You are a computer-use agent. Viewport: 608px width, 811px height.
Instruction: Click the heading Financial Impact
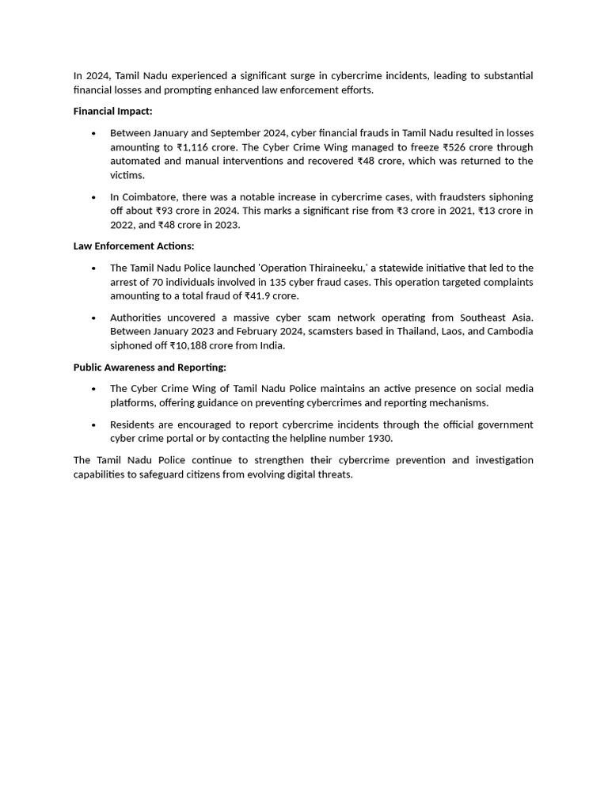point(112,112)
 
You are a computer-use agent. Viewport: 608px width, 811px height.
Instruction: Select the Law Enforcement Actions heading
point(133,246)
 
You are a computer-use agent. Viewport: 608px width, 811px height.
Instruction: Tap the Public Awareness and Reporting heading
point(150,367)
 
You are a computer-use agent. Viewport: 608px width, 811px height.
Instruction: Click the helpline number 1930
point(380,439)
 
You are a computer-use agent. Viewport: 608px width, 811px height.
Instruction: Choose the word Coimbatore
point(149,196)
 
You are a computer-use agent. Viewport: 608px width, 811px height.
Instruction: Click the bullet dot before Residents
point(94,425)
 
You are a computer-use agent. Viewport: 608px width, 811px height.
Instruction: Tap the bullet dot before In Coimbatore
point(94,197)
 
